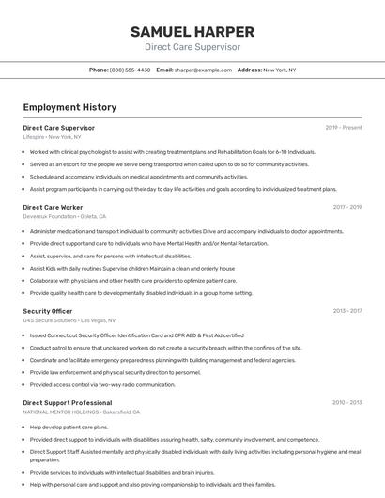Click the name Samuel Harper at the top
[x=192, y=31]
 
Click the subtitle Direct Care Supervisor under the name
[x=192, y=47]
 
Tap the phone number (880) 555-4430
[x=130, y=70]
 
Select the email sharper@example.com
[x=202, y=70]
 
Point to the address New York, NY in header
[x=279, y=70]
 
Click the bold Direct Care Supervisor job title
[x=58, y=128]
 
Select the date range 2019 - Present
[x=344, y=128]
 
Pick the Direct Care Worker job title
[x=53, y=207]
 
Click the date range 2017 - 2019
[x=347, y=207]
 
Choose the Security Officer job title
[x=47, y=311]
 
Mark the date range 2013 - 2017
[x=347, y=311]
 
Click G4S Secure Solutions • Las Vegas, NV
[x=69, y=320]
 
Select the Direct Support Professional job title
[x=67, y=403]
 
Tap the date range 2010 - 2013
[x=347, y=403]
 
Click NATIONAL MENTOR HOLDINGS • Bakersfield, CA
[x=82, y=412]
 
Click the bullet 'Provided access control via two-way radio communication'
[x=101, y=384]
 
